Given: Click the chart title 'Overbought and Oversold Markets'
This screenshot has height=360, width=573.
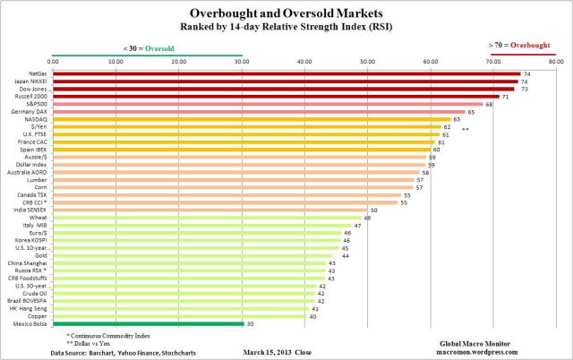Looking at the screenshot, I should pyautogui.click(x=286, y=13).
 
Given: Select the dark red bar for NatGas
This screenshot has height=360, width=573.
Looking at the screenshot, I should pyautogui.click(x=286, y=73).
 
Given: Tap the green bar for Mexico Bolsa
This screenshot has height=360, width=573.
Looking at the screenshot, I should pyautogui.click(x=148, y=324).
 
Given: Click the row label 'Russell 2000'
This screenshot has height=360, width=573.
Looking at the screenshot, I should pyautogui.click(x=34, y=96).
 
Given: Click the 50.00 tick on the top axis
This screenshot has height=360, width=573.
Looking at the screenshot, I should pyautogui.click(x=368, y=61).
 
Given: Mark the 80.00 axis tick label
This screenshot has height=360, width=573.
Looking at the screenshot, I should pyautogui.click(x=556, y=61).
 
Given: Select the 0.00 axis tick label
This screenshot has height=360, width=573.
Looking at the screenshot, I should pyautogui.click(x=53, y=61).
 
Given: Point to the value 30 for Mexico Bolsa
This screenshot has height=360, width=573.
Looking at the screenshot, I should pyautogui.click(x=250, y=324).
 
